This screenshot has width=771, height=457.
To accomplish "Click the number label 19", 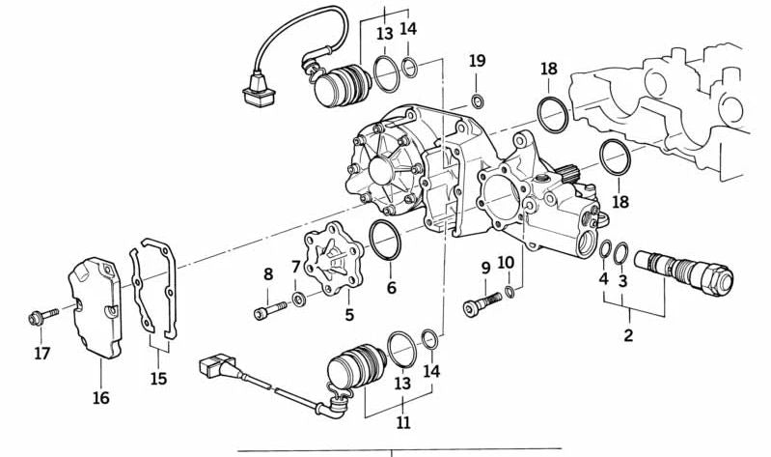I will tap(478, 61).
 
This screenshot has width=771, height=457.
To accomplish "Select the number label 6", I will tap(391, 287).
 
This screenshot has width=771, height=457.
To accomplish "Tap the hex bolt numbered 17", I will tap(39, 316).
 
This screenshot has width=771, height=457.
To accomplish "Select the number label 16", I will tap(101, 397).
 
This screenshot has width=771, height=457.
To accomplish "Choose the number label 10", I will tap(507, 262).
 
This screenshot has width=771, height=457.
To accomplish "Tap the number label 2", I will tap(628, 336).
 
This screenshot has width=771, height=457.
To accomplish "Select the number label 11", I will tap(401, 422).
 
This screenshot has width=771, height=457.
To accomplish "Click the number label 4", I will tap(604, 280).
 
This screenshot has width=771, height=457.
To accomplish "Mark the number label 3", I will tap(623, 280).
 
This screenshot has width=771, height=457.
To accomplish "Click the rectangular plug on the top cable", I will tap(254, 94).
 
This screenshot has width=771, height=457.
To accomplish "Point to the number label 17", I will tap(41, 354).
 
